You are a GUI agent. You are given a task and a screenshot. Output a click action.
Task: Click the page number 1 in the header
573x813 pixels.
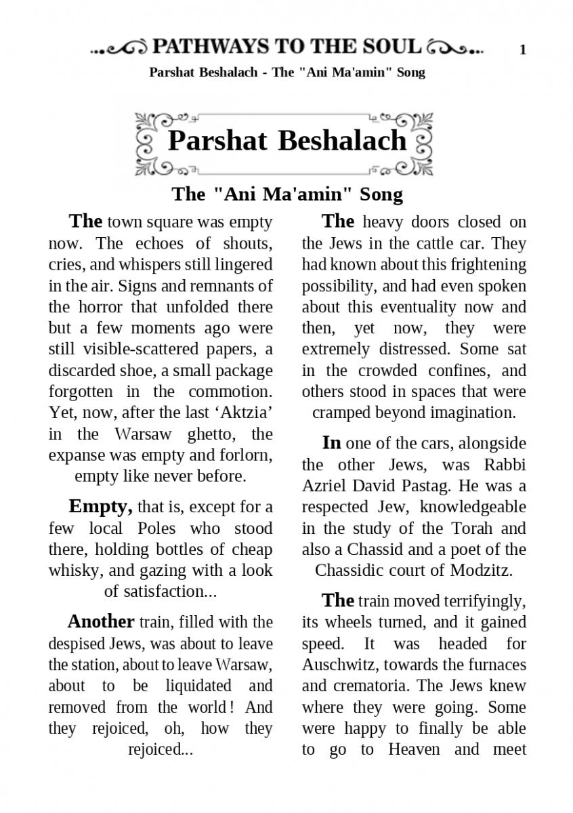pos(522,49)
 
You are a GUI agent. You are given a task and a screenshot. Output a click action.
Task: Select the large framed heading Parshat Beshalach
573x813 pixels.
pos(286,140)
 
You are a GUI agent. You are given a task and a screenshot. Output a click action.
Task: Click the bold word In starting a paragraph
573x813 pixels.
pos(331,443)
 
